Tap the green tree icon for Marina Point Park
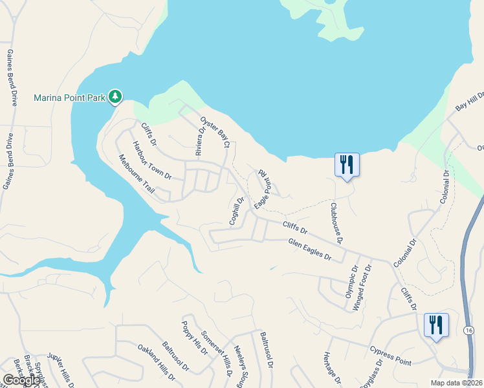click(115, 96)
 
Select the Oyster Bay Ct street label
click(215, 132)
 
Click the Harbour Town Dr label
click(151, 160)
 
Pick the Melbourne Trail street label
click(137, 174)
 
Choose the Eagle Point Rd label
click(261, 189)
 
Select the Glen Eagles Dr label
click(309, 249)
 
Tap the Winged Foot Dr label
click(362, 287)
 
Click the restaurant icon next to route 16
click(436, 325)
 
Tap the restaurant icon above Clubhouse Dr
click(347, 164)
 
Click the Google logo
click(21, 380)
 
